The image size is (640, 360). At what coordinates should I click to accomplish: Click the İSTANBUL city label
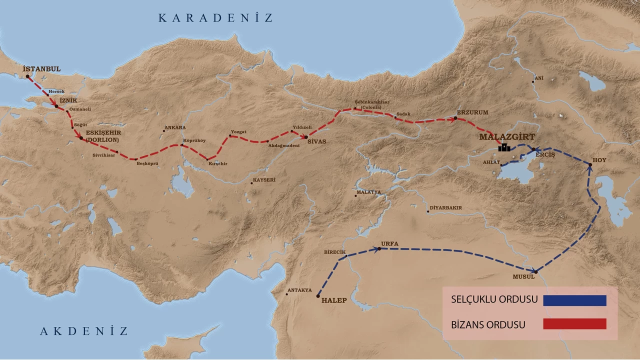(x=41, y=68)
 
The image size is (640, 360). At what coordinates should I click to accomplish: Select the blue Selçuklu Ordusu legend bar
(x=574, y=300)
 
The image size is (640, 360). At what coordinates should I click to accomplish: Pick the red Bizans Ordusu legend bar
(x=574, y=324)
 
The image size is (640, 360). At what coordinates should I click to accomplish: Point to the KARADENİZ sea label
(x=216, y=18)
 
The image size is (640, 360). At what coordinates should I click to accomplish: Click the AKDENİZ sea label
(x=84, y=331)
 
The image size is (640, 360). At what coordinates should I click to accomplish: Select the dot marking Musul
(x=535, y=271)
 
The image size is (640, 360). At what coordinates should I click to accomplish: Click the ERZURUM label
(x=472, y=113)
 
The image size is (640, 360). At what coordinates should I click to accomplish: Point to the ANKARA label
(x=175, y=127)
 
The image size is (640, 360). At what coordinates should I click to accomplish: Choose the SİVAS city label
(x=316, y=141)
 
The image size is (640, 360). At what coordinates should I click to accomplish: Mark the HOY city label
(x=599, y=160)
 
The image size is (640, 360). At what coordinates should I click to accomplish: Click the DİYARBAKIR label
(x=445, y=207)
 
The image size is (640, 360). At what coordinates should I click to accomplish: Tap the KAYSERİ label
(x=264, y=179)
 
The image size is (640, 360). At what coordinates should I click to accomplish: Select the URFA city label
(x=389, y=243)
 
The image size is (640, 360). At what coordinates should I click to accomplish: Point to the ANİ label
(x=538, y=78)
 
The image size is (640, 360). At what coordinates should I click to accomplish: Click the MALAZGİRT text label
(x=506, y=136)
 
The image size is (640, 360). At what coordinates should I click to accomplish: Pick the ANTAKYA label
(x=299, y=290)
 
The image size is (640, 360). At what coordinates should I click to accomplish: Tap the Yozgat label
(x=238, y=131)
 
